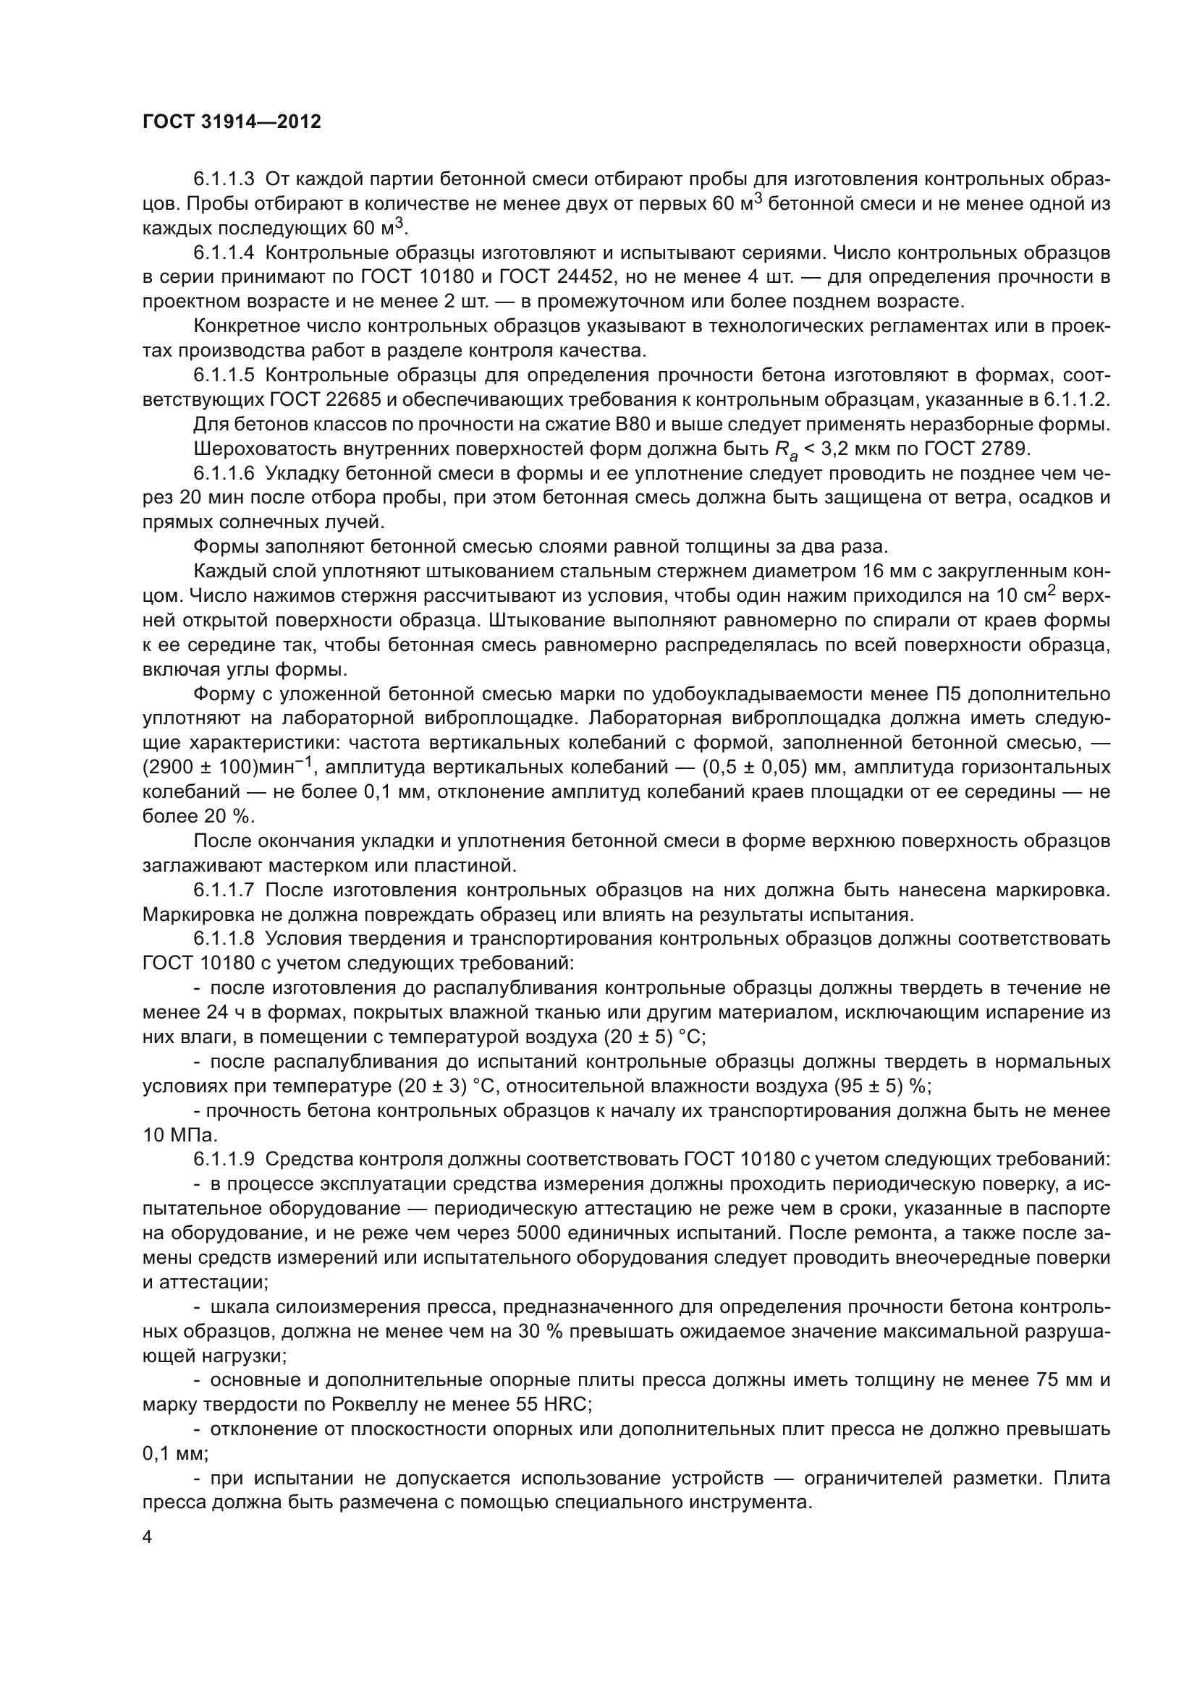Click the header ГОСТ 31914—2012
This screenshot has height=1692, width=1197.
coord(232,122)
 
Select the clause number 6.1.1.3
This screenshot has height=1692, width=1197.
coord(224,179)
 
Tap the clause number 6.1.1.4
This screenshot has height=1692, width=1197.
coord(224,252)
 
